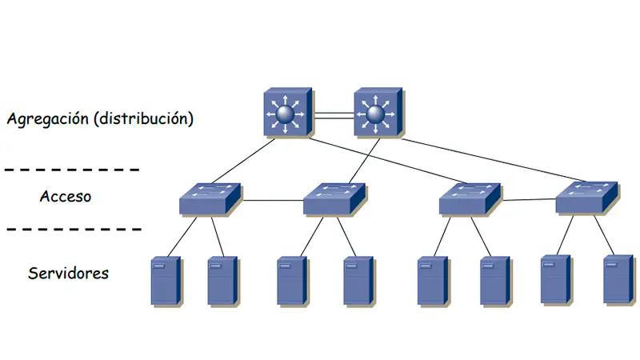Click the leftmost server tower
tap(166, 281)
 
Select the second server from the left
tap(222, 281)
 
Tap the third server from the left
tap(292, 281)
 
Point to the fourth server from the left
tap(358, 281)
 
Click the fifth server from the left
tap(432, 281)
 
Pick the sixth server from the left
tap(494, 281)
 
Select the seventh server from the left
tap(555, 279)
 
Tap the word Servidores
tap(69, 273)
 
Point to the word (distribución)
tap(143, 120)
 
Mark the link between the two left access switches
tap(272, 199)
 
